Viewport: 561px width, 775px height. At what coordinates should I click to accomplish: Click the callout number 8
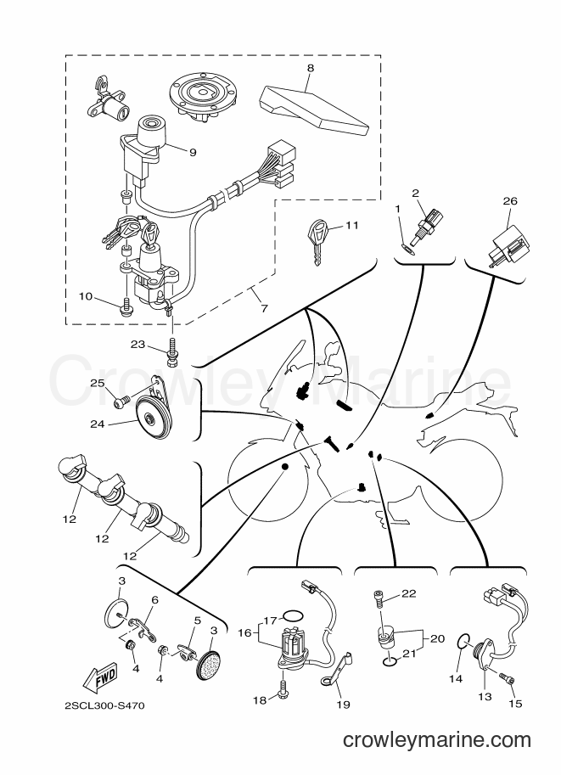tap(310, 68)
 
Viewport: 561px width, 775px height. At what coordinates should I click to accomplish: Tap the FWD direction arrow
tap(99, 676)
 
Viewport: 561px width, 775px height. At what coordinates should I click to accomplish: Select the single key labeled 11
tap(317, 243)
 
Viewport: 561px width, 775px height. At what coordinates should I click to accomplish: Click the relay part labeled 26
tap(509, 243)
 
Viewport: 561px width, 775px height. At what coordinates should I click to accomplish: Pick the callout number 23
tap(137, 344)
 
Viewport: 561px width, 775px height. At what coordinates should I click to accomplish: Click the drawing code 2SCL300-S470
tap(104, 705)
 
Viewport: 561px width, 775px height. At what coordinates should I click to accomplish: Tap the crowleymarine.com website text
tap(436, 740)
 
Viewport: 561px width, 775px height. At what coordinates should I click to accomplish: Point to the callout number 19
tap(343, 704)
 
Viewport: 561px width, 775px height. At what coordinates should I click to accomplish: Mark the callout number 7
tap(264, 308)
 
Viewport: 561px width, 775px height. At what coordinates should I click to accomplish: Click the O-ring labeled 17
tap(293, 616)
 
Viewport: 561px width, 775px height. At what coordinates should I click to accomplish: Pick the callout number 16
tap(245, 632)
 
